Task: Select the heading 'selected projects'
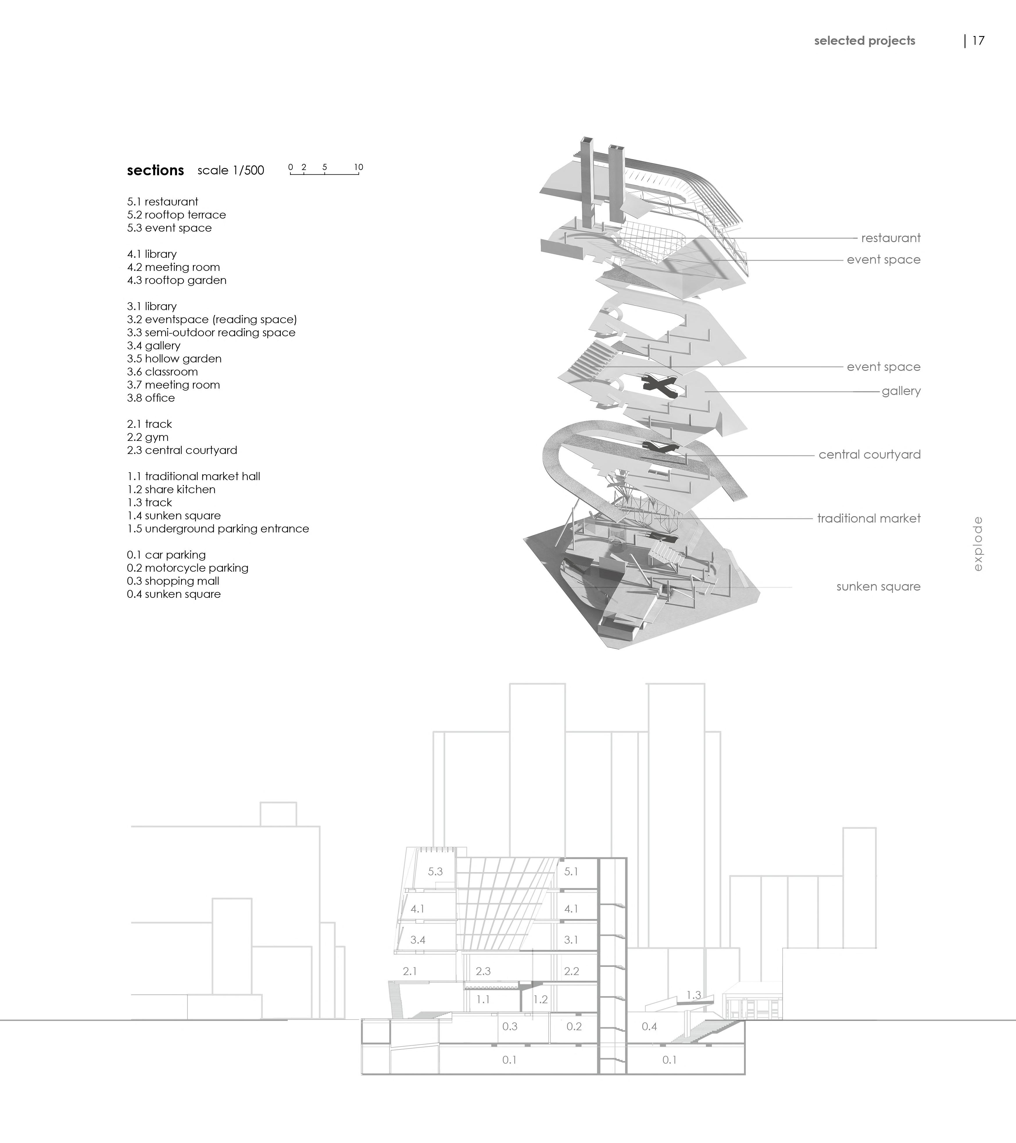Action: [x=865, y=41]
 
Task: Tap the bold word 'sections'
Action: [x=155, y=171]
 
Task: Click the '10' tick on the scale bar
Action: [x=358, y=167]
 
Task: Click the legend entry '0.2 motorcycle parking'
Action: [x=187, y=568]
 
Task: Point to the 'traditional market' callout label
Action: [x=868, y=518]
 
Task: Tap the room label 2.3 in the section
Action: [x=483, y=971]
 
